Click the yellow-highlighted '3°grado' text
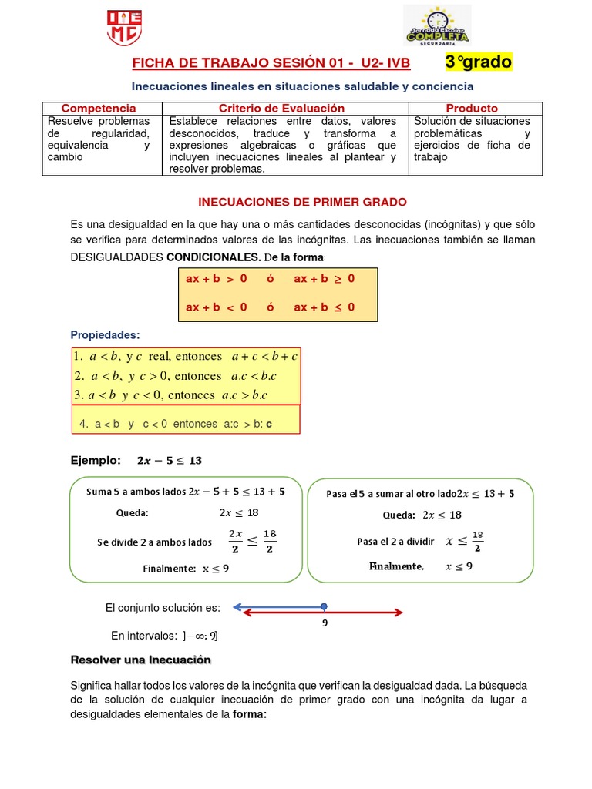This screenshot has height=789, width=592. coord(478,62)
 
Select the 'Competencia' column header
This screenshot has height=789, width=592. coord(99,109)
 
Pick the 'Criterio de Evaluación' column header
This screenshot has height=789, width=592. coord(281,109)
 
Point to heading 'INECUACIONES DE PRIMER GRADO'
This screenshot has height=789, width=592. coord(302,202)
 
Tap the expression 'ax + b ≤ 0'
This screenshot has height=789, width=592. coord(324,307)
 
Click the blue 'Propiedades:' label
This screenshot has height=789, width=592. coord(105,335)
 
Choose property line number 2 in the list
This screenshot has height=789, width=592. coord(175,376)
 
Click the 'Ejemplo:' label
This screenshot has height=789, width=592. coord(96,461)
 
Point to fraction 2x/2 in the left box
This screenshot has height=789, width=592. coord(236,541)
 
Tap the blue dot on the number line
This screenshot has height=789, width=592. coord(324,606)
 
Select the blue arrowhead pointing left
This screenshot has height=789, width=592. coord(237,607)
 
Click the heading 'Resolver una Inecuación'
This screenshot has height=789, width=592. coord(140,660)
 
